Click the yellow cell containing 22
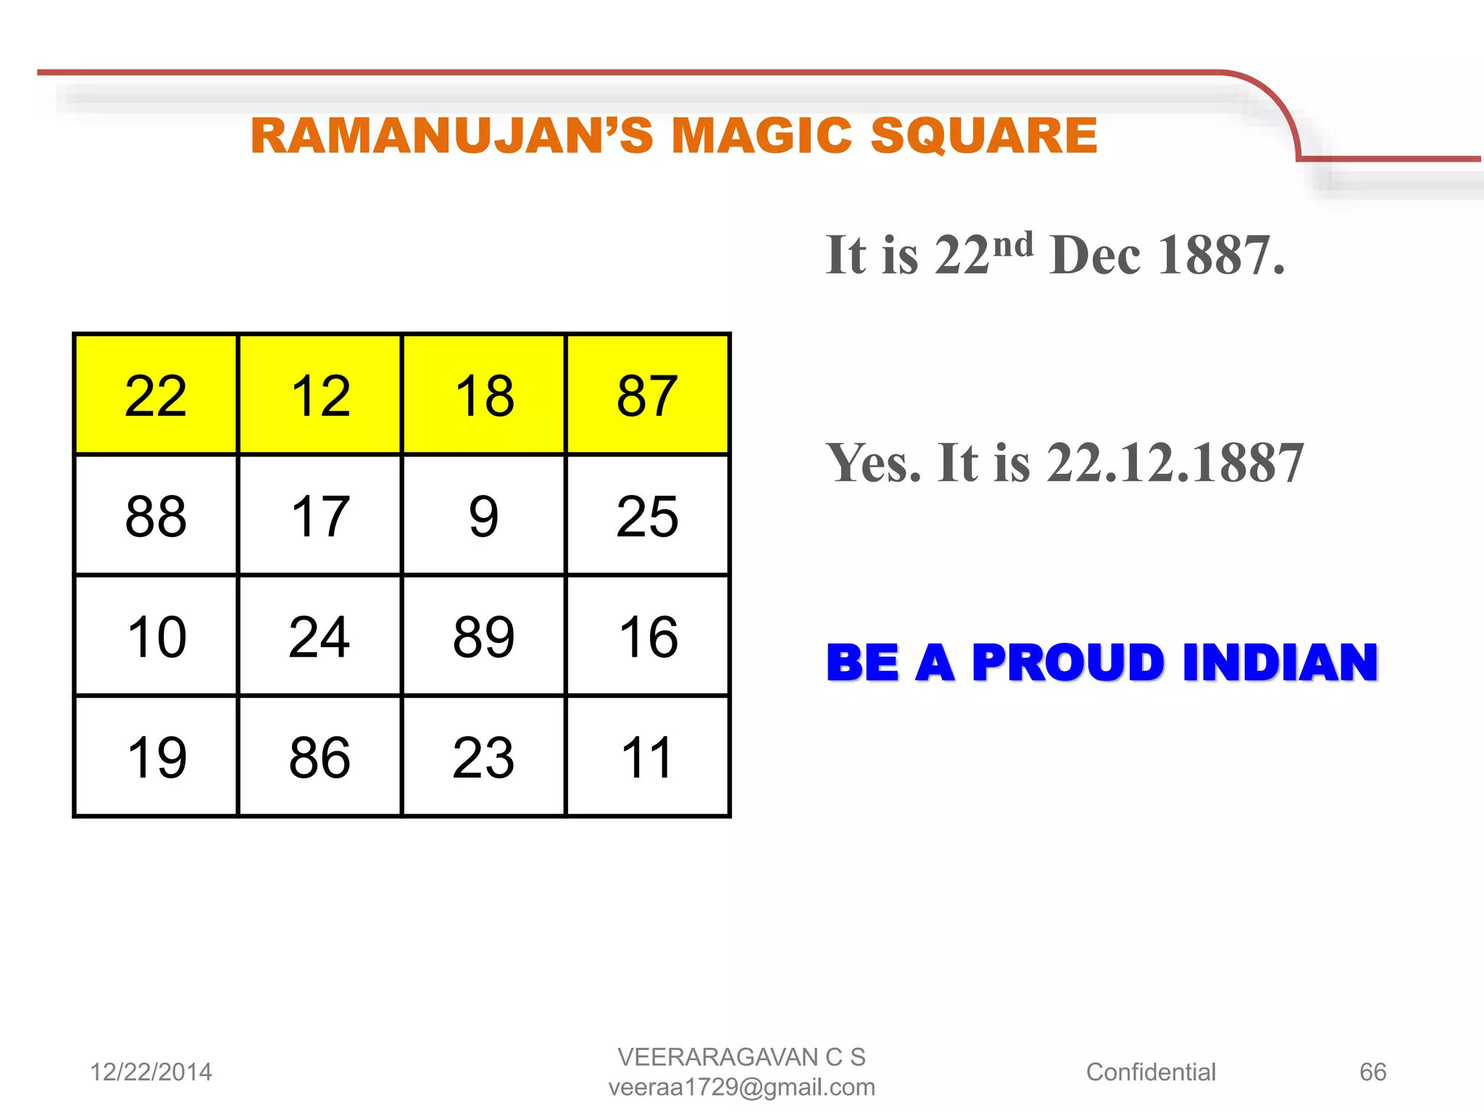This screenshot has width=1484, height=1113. tap(156, 395)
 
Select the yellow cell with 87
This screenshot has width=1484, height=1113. tap(647, 395)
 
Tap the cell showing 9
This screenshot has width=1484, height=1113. tap(483, 516)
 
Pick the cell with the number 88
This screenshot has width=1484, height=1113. tap(156, 516)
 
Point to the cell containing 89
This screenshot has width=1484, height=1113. tap(483, 636)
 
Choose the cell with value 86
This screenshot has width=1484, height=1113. tap(320, 757)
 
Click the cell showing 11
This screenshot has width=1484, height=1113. tap(647, 757)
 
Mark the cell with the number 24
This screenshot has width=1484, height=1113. tap(320, 636)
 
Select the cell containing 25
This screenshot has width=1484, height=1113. tap(647, 516)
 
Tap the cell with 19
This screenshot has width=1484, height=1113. tap(156, 757)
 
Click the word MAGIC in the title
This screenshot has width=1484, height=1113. tap(761, 136)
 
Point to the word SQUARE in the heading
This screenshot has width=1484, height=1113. tap(983, 136)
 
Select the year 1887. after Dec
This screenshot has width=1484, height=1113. tap(1221, 255)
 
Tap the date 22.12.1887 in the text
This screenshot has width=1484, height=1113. tap(1175, 462)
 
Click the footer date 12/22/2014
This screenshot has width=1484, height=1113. tap(151, 1072)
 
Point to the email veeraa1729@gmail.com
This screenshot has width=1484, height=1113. tap(741, 1087)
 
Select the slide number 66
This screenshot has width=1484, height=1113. tap(1372, 1072)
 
